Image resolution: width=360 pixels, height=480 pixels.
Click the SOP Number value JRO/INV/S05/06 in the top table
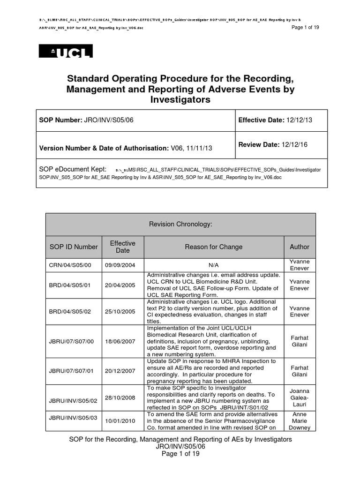[109, 120]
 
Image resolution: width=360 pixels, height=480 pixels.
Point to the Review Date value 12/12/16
[294, 145]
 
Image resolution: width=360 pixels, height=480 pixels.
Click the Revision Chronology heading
[180, 225]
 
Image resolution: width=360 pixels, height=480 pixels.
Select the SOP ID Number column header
[74, 247]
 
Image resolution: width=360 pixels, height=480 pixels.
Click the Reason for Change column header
[213, 247]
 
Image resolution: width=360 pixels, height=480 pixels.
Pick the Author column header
[300, 247]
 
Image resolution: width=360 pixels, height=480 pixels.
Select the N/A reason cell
[214, 265]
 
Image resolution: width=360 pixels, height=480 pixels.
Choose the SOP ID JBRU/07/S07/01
[71, 371]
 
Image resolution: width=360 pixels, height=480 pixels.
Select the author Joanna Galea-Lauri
[300, 397]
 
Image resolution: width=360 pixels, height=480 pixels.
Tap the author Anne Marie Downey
[300, 421]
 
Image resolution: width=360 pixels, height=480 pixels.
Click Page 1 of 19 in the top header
[305, 27]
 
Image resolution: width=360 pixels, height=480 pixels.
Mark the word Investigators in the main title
[180, 100]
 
